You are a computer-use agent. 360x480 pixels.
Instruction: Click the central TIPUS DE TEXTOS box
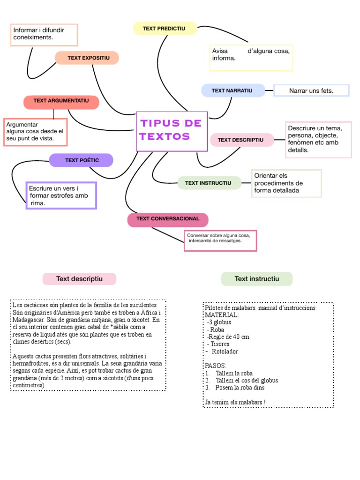(x=172, y=131)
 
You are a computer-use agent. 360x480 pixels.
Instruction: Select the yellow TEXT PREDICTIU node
(x=165, y=29)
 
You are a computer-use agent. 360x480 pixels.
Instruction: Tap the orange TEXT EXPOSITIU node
(x=87, y=58)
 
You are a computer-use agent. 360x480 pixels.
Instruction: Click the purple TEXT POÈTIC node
(x=82, y=160)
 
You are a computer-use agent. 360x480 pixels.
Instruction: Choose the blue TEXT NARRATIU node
(x=232, y=90)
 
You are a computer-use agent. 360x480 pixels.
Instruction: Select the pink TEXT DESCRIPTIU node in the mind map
(x=241, y=140)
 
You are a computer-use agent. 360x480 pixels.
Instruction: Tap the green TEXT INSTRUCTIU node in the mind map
(x=209, y=183)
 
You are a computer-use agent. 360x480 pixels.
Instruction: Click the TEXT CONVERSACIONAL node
(x=168, y=219)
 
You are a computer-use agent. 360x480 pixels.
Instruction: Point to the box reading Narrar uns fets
(x=311, y=90)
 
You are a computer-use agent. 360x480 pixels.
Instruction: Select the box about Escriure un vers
(x=61, y=195)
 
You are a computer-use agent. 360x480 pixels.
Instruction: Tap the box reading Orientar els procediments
(x=286, y=183)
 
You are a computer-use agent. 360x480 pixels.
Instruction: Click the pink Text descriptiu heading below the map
(x=79, y=279)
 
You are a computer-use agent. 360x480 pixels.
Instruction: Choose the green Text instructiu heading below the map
(x=256, y=279)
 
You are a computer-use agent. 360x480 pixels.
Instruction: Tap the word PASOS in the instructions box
(x=216, y=365)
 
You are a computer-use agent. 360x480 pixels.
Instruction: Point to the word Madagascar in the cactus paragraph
(x=30, y=320)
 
